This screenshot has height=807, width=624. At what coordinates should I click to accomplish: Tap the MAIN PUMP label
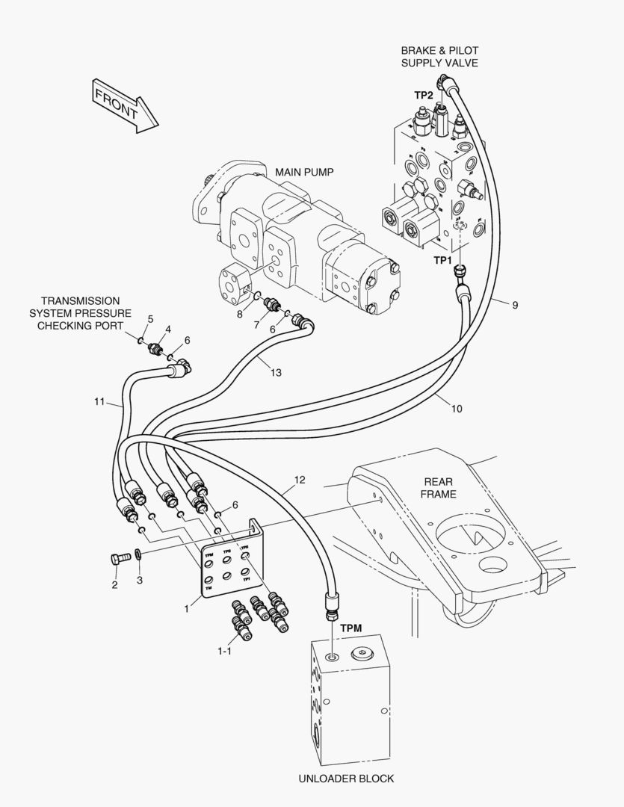click(x=304, y=172)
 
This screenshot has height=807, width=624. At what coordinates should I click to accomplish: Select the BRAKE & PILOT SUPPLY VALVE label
click(x=439, y=57)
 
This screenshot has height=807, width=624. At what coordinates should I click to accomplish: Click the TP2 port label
click(x=424, y=95)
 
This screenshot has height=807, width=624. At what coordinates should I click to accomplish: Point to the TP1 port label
click(x=444, y=260)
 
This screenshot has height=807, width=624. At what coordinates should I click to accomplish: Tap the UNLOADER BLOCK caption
click(x=346, y=778)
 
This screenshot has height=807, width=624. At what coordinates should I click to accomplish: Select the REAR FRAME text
click(x=438, y=488)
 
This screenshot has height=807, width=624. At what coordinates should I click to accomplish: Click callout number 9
click(x=515, y=304)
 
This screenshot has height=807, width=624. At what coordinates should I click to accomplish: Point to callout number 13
click(x=276, y=373)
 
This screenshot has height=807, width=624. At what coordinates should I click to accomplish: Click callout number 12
click(x=300, y=480)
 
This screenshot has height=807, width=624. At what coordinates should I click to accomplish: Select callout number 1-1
click(x=224, y=652)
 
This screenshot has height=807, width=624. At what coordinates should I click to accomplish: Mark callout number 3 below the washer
click(x=139, y=579)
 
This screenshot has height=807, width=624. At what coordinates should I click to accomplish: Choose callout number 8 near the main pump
click(x=240, y=314)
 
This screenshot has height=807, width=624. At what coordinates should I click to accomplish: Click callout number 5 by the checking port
click(x=150, y=319)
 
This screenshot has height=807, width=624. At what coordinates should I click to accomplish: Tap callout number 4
click(x=168, y=329)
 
